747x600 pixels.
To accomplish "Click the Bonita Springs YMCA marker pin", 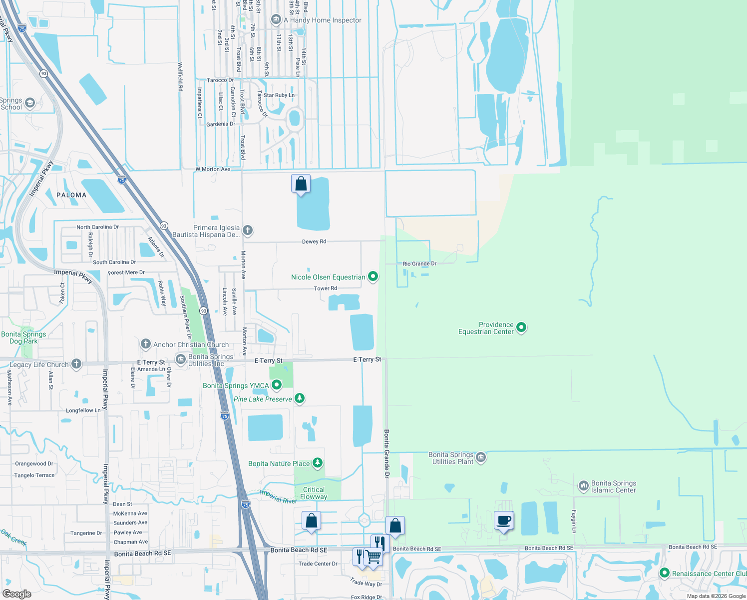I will click(276, 385).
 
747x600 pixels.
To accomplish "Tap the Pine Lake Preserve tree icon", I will click(299, 398).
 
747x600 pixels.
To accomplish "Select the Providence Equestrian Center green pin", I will click(521, 327).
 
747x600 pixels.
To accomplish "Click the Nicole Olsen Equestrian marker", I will click(373, 276).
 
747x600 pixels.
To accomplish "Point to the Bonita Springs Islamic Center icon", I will click(583, 486).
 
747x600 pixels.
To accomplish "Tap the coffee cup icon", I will click(504, 520).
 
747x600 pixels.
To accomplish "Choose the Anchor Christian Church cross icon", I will click(146, 344).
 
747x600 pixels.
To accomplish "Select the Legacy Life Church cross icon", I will click(76, 364).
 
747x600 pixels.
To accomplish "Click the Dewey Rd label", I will click(314, 241).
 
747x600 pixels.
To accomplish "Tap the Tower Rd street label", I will click(326, 288).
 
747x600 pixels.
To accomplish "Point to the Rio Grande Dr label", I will click(419, 263).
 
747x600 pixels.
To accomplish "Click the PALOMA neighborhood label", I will click(71, 195).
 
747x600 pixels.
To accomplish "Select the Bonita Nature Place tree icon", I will click(317, 463).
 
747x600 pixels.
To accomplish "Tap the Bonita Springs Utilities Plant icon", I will click(480, 457).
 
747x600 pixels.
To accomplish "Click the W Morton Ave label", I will click(213, 169).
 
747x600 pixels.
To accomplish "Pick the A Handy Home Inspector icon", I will click(276, 20).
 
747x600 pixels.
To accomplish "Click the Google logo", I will click(17, 594).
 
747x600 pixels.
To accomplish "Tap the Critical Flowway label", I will click(314, 493).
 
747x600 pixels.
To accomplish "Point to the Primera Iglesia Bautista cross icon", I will click(248, 230).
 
